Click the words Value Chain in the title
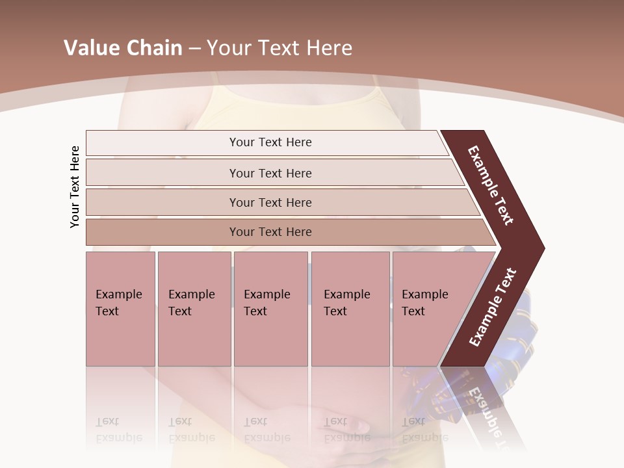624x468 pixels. tap(123, 48)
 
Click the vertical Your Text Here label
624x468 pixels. tap(75, 187)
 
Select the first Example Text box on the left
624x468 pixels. tap(120, 309)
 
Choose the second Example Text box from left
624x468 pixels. tap(194, 309)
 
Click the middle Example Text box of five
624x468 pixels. tap(270, 309)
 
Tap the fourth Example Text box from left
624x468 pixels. tap(350, 309)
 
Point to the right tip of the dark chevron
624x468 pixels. tap(542, 248)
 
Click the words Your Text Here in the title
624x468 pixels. tap(279, 48)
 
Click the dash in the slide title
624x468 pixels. tap(194, 49)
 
